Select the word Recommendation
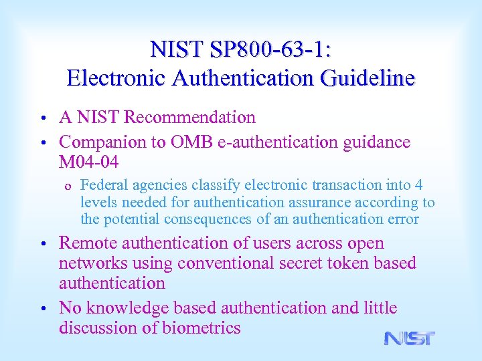190,118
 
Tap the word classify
214,185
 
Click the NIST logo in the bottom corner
409,338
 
